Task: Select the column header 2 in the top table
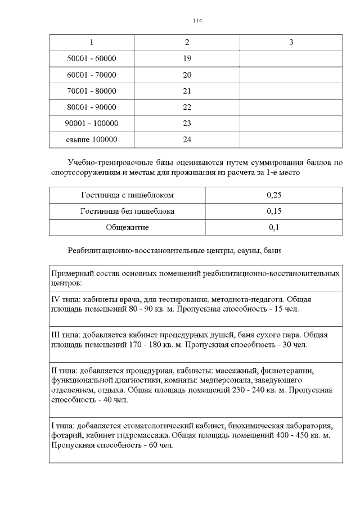pos(187,42)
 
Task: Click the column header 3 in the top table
pos(291,42)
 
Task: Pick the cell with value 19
pos(187,58)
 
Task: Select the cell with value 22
pos(187,107)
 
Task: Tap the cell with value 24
pos(187,139)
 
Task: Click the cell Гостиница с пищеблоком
pos(127,195)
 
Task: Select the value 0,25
pos(274,195)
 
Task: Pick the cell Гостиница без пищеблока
pos(127,211)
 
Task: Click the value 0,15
pos(274,211)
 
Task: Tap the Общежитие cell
pos(127,228)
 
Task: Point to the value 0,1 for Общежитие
pos(274,228)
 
